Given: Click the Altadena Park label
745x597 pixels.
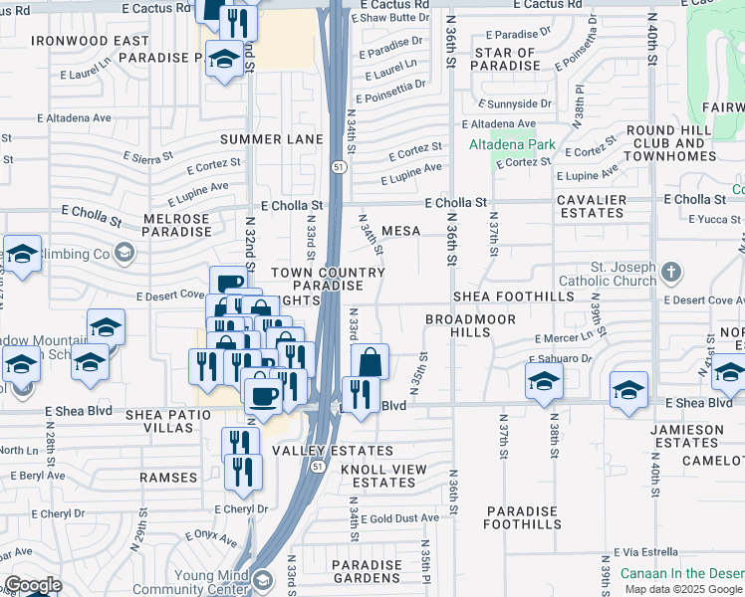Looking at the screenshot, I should tap(511, 144).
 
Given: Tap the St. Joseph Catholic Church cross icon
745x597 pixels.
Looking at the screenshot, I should tap(672, 272).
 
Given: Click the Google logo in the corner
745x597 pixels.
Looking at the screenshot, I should tap(33, 585).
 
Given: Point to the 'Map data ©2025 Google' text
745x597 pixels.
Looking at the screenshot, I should tap(683, 589).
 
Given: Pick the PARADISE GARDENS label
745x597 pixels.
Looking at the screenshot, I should tap(368, 571).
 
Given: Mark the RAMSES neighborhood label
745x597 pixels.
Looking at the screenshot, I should tap(168, 478).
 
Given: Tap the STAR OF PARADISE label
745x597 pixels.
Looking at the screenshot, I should tap(506, 59).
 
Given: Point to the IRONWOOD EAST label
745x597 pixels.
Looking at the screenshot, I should tap(90, 41).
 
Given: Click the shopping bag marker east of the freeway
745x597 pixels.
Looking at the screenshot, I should tap(370, 362).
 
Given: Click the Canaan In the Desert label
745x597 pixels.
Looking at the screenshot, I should tap(681, 573).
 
